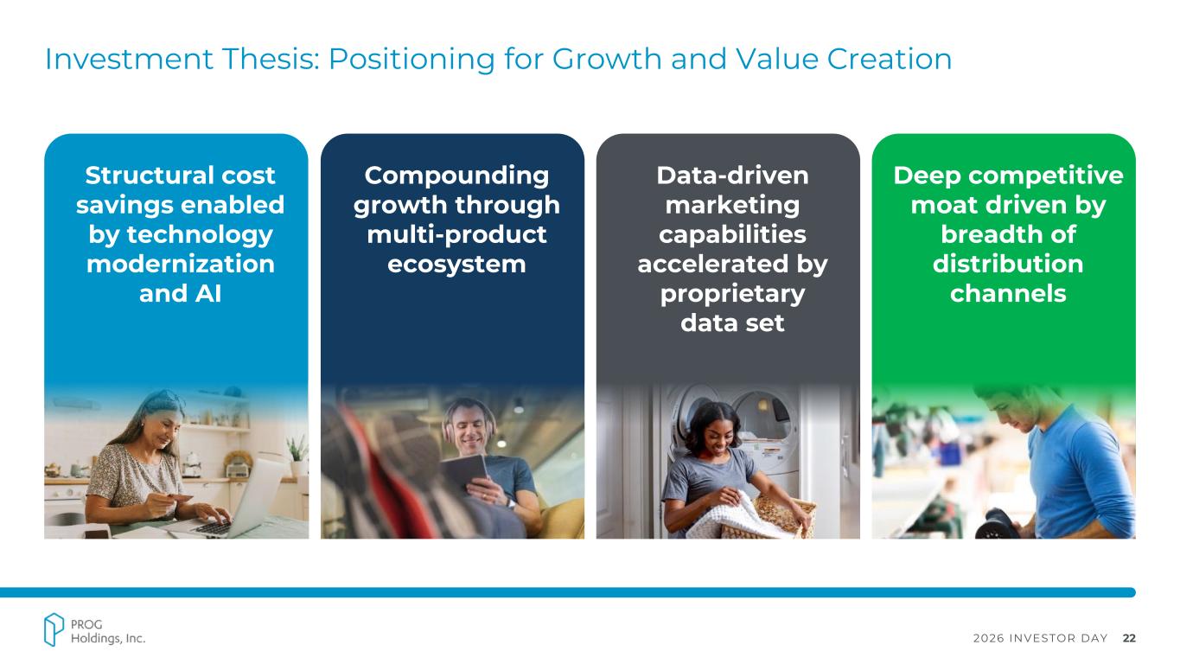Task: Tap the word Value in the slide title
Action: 776,59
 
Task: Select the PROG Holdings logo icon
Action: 54,629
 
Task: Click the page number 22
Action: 1129,638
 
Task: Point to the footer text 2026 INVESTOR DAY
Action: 1040,638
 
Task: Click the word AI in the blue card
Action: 208,294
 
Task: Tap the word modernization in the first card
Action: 180,264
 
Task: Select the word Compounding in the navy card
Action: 456,176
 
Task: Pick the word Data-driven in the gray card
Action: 732,176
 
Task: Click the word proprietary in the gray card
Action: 732,295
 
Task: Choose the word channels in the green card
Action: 1008,294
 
